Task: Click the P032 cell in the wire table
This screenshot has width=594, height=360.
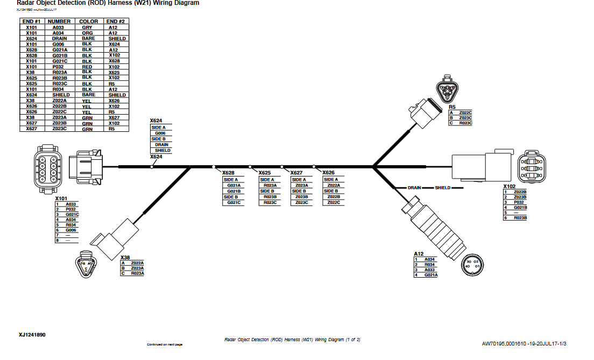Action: coord(58,67)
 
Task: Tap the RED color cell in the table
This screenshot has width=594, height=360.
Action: coord(87,67)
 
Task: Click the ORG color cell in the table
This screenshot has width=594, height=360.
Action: coord(87,33)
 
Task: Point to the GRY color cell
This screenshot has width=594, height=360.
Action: coord(87,27)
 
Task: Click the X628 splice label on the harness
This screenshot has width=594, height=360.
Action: coord(229,173)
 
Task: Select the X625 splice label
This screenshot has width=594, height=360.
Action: coord(264,173)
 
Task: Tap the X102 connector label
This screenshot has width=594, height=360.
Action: coord(509,186)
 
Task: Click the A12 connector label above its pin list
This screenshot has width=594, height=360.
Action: coord(419,253)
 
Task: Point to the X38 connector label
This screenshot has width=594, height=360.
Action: coord(125,257)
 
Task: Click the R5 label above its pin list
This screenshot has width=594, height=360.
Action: coord(452,107)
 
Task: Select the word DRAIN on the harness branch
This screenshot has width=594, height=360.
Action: coord(414,188)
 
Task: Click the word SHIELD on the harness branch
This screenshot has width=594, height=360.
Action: coord(442,188)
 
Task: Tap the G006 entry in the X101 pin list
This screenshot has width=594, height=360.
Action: coord(70,230)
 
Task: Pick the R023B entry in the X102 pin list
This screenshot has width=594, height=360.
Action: coord(520,218)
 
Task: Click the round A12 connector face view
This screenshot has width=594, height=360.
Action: coord(472,264)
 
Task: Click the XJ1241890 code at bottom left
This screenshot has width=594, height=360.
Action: coord(32,335)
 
